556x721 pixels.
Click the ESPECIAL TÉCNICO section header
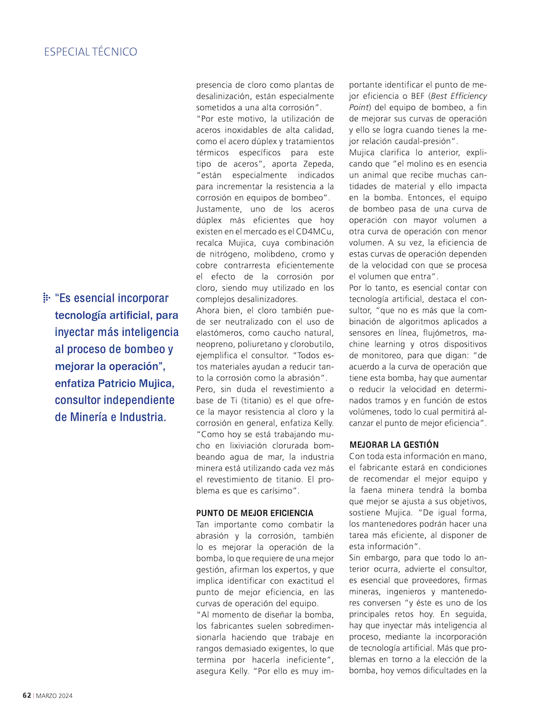(90, 52)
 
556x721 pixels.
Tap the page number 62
(27, 695)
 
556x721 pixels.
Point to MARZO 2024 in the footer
(54, 696)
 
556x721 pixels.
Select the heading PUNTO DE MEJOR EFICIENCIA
(255, 513)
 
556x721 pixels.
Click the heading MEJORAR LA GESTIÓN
(394, 445)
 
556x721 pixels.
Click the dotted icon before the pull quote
(46, 298)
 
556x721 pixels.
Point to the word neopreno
(214, 344)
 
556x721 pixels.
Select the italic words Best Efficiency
(458, 96)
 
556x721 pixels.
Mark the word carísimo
(277, 491)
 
